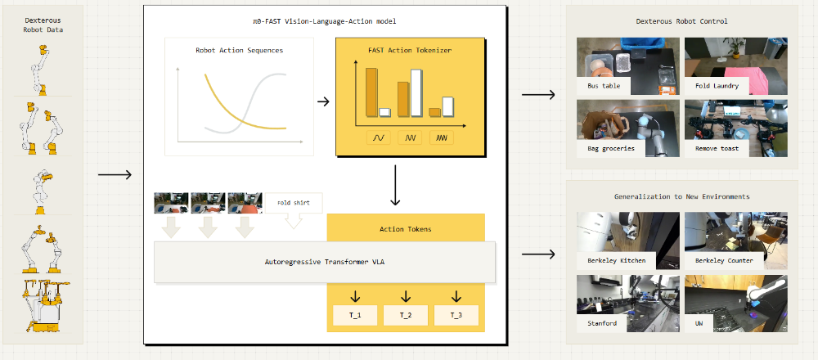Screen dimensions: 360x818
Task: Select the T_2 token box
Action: coord(406,315)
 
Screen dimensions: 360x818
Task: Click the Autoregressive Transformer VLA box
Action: coord(325,263)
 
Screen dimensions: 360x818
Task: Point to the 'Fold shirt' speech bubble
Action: coord(294,202)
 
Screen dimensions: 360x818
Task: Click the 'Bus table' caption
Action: coord(604,85)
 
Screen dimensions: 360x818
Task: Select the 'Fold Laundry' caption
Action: coord(717,85)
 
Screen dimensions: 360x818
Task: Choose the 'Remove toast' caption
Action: coord(717,148)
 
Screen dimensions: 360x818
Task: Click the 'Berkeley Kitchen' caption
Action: coord(616,260)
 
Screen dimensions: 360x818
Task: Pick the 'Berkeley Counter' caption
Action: coord(724,260)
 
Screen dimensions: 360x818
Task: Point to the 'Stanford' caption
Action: coord(601,323)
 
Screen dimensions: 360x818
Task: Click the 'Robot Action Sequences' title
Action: coord(239,50)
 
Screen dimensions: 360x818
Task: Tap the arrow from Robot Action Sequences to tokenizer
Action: coord(323,101)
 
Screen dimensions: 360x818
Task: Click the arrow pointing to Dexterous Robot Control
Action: coord(538,96)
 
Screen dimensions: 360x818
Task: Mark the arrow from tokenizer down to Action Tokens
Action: coord(396,186)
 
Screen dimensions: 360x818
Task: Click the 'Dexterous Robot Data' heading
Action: coord(43,23)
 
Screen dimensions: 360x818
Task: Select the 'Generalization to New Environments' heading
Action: coord(681,196)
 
